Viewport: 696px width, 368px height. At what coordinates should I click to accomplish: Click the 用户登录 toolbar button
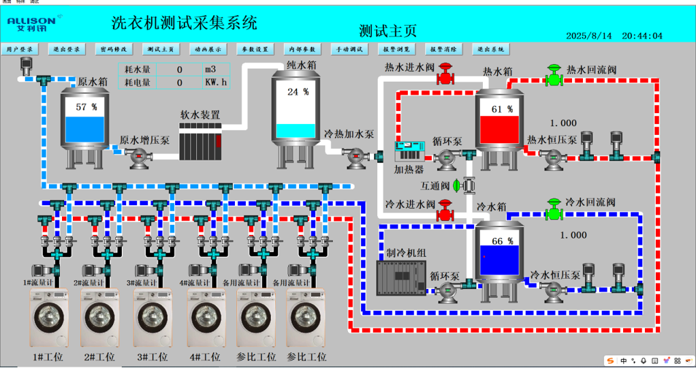tap(20, 50)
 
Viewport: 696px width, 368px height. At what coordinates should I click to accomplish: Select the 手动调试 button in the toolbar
tap(349, 50)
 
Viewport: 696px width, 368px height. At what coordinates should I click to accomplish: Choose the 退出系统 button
tap(490, 50)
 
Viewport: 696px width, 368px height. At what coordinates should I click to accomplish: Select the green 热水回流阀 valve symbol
tap(555, 76)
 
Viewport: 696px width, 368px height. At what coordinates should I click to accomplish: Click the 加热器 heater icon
tap(409, 152)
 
